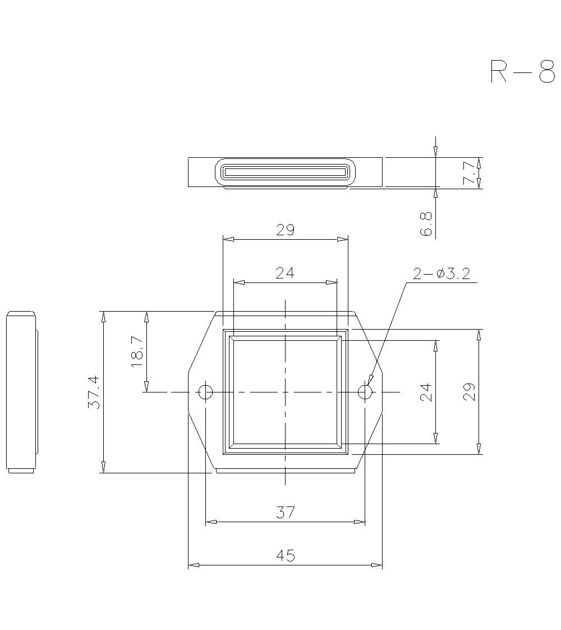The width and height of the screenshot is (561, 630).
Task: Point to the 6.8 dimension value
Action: point(427,223)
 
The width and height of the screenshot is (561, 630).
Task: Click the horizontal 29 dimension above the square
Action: point(285,230)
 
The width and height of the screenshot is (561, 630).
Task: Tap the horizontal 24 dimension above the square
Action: point(285,273)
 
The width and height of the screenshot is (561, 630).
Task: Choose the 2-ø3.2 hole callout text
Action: point(442,274)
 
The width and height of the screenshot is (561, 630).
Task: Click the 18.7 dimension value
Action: point(137,351)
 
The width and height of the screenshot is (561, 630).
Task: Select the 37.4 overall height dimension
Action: point(94,392)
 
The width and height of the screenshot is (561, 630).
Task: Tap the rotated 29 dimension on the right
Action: point(469,391)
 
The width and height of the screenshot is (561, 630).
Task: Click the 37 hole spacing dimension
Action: point(285,512)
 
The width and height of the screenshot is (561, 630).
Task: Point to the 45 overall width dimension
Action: point(285,555)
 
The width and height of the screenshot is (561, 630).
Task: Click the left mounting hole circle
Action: point(206,391)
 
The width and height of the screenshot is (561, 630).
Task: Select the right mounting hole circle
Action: point(365,391)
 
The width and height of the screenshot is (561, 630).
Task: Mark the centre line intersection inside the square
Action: point(285,391)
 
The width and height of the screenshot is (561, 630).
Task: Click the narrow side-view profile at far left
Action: point(21,392)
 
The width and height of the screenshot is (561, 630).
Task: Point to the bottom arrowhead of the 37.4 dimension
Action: point(103,467)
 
